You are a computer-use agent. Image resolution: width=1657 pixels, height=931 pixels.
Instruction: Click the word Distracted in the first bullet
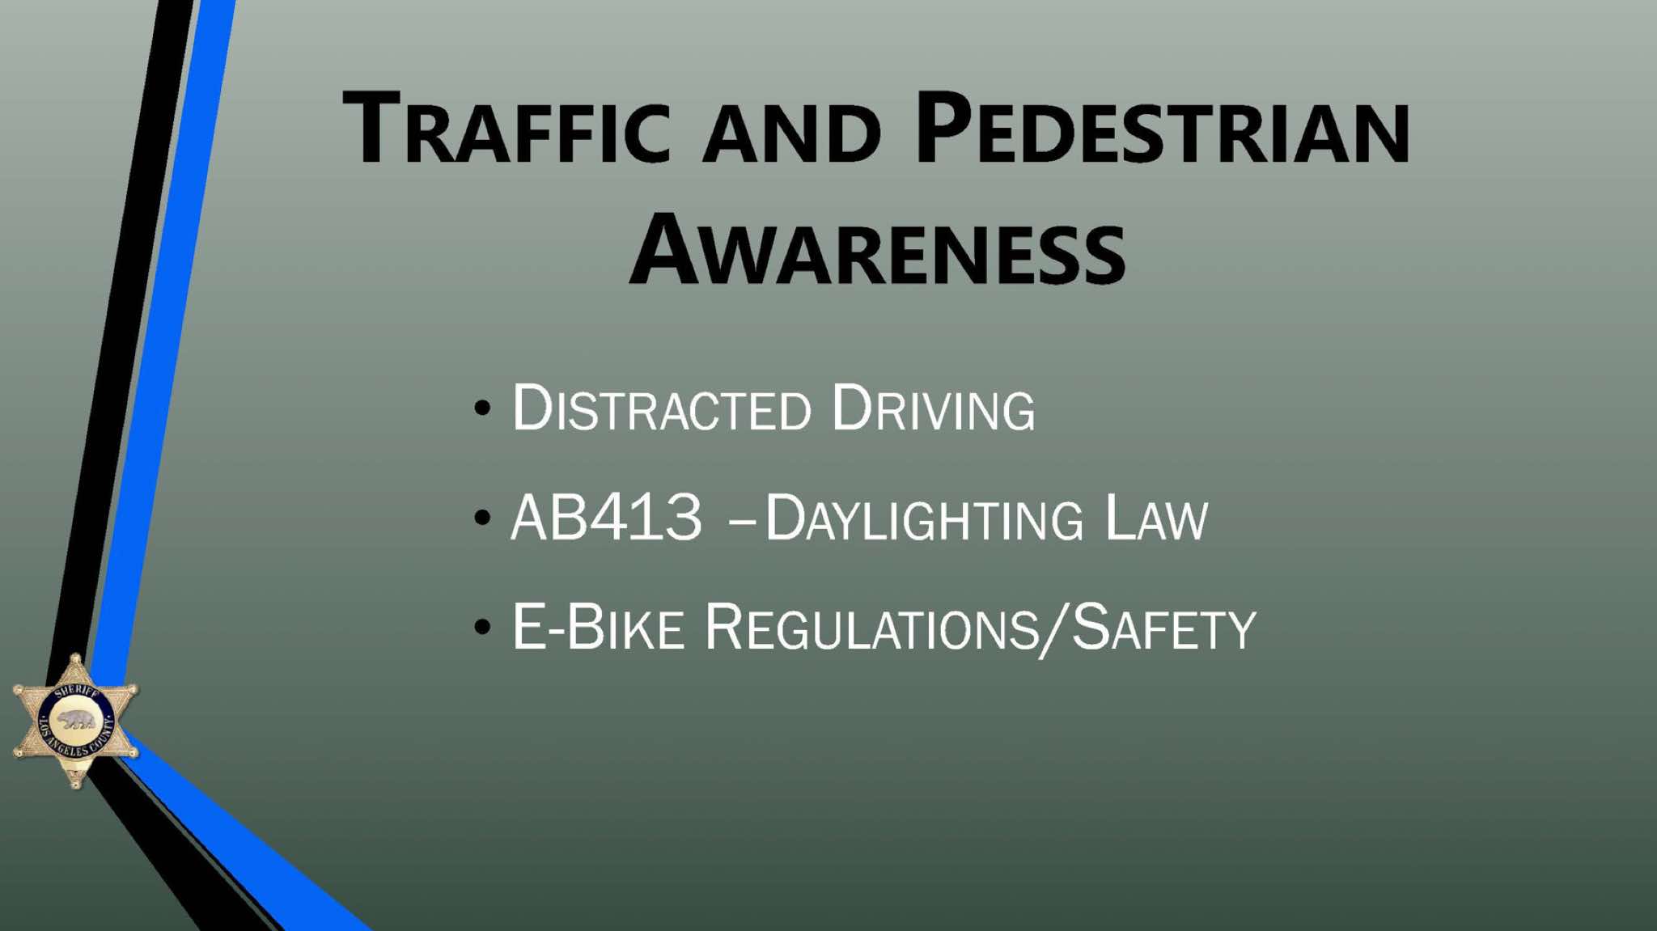coord(661,408)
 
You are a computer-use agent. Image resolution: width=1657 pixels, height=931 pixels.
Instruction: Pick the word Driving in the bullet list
coord(933,408)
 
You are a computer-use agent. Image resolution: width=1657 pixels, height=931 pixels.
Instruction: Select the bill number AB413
coord(607,518)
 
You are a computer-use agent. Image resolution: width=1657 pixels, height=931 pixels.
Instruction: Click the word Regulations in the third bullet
coord(871,628)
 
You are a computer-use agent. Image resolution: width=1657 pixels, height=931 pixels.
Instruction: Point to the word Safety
coord(1163,628)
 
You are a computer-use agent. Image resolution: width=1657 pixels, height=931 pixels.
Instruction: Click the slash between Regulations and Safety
coord(1055,629)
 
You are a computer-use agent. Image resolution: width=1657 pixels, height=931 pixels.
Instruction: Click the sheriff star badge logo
coord(75,721)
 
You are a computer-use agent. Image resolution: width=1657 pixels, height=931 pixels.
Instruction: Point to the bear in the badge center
coord(75,720)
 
